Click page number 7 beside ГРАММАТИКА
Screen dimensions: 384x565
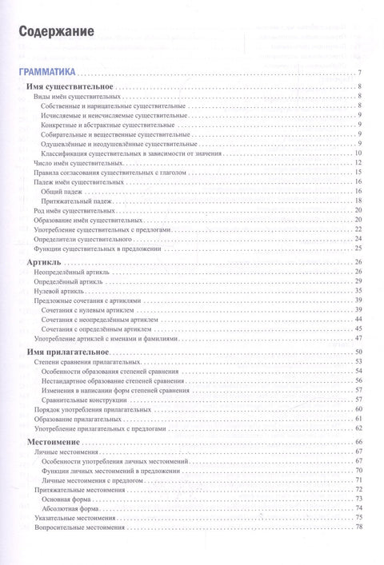coord(362,75)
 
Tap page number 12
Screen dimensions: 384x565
coord(360,162)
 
